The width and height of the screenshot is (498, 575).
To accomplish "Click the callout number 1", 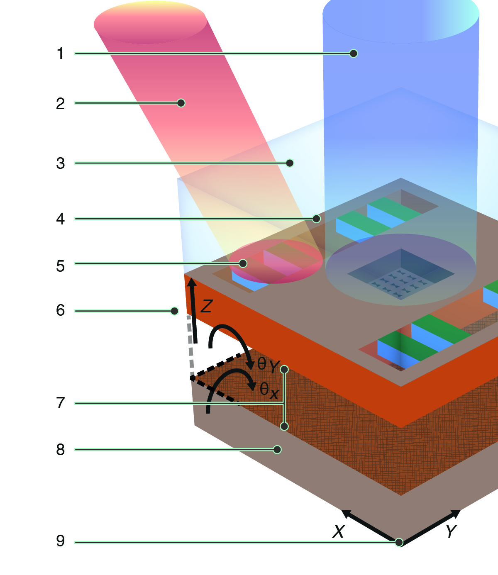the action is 60,54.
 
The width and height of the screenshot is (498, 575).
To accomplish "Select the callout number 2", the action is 60,103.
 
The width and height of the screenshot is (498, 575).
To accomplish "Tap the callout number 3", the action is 60,163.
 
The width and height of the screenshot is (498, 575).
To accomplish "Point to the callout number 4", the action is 60,219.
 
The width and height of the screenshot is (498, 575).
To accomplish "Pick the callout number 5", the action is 60,266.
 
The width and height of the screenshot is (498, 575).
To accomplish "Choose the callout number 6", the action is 60,310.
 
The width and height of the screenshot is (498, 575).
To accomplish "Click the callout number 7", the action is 60,403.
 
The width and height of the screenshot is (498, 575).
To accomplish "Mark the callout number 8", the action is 60,450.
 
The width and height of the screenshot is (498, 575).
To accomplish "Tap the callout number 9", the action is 60,541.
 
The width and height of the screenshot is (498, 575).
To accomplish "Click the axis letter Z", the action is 207,306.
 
